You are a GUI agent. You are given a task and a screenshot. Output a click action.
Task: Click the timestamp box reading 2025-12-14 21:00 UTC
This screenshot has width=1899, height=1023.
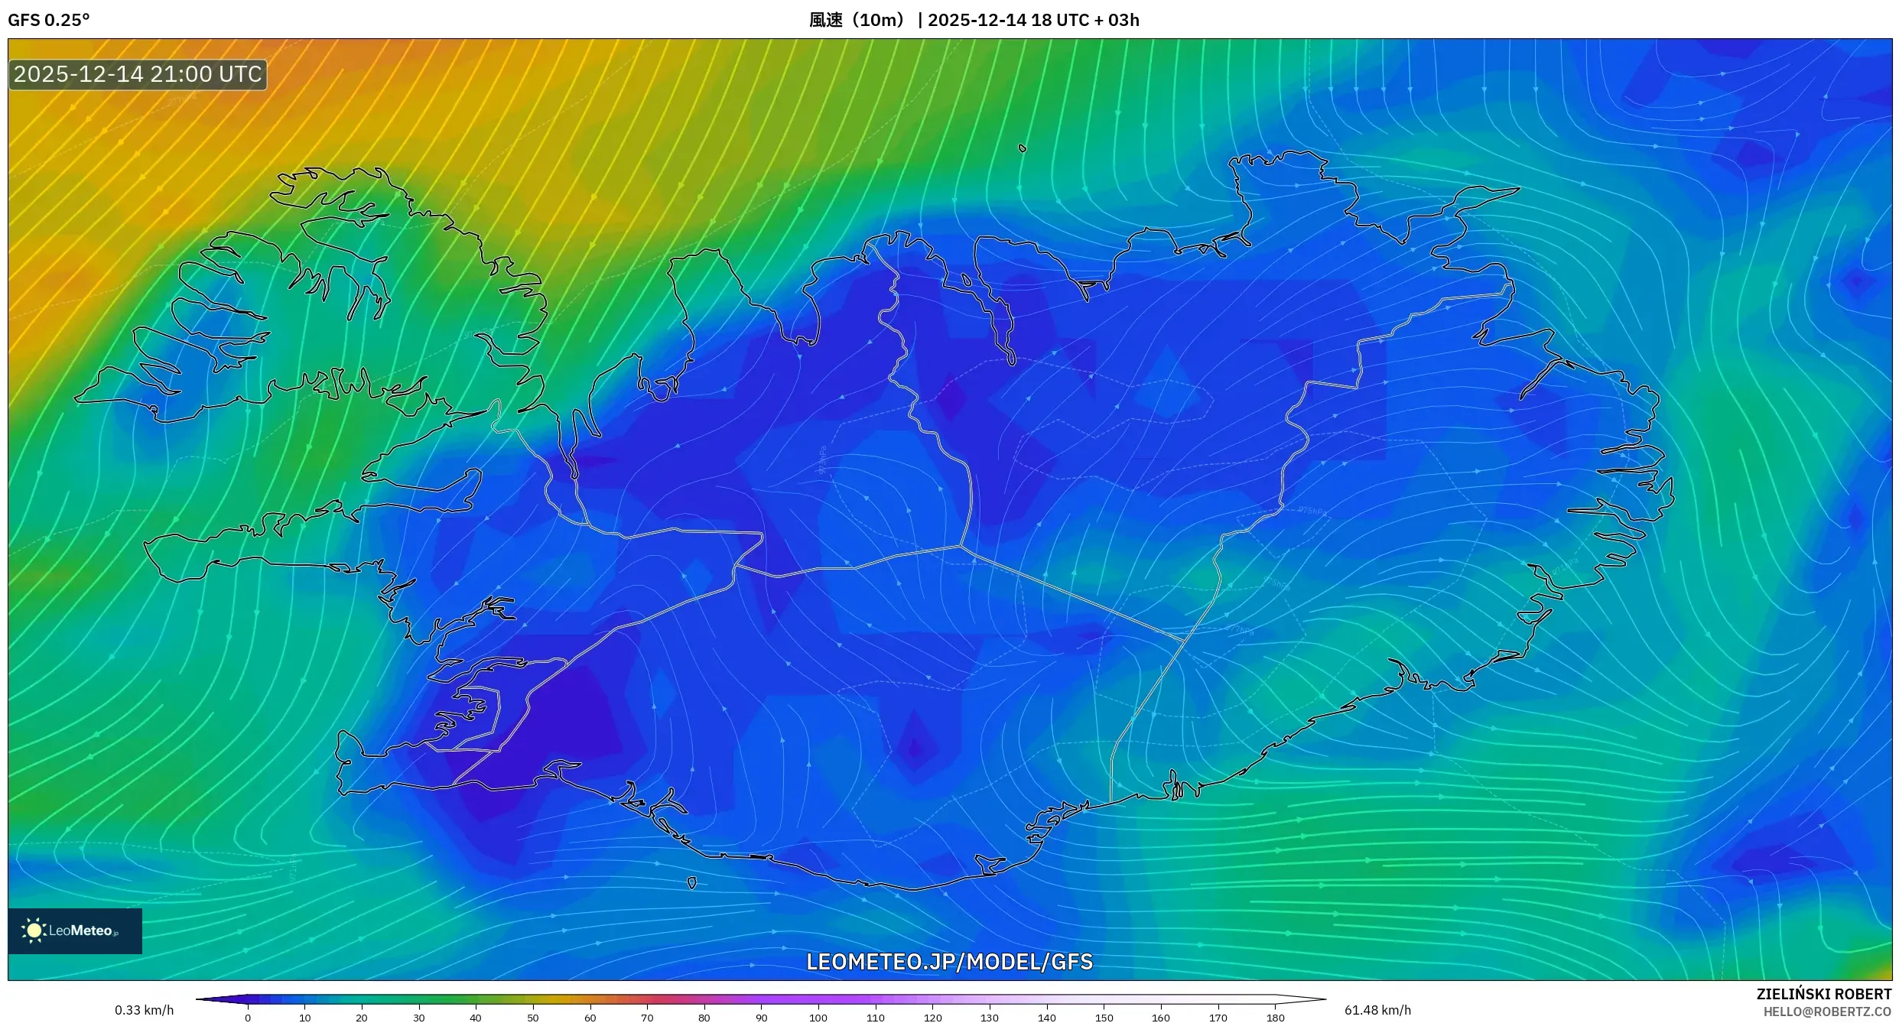pyautogui.click(x=138, y=74)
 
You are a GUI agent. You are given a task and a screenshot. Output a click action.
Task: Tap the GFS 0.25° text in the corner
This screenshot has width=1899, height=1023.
pyautogui.click(x=49, y=20)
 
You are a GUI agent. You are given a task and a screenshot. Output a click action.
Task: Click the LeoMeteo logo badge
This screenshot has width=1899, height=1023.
pyautogui.click(x=75, y=930)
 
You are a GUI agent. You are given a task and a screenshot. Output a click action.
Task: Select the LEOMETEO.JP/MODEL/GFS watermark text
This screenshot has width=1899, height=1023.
pyautogui.click(x=949, y=962)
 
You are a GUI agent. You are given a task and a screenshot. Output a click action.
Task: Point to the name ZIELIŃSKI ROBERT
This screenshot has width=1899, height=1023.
pyautogui.click(x=1823, y=994)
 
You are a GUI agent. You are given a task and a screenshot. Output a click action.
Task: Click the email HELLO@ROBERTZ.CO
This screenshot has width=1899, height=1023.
pyautogui.click(x=1827, y=1012)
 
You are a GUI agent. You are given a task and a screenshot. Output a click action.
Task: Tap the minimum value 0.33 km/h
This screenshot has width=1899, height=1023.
pyautogui.click(x=144, y=1010)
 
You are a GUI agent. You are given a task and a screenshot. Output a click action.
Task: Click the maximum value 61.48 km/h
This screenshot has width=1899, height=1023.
pyautogui.click(x=1377, y=1010)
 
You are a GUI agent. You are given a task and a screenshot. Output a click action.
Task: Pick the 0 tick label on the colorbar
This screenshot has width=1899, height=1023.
pyautogui.click(x=248, y=1018)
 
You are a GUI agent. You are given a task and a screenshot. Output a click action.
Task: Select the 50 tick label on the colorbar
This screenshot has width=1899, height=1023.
pyautogui.click(x=533, y=1018)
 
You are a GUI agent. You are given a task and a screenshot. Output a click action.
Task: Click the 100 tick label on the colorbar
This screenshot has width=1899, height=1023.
pyautogui.click(x=818, y=1018)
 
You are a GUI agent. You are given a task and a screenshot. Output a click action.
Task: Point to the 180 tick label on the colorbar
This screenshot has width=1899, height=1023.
pyautogui.click(x=1275, y=1018)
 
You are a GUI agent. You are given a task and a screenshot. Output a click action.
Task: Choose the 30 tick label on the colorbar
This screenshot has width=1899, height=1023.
pyautogui.click(x=419, y=1018)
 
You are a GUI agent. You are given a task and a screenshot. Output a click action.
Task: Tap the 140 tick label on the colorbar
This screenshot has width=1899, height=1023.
pyautogui.click(x=1047, y=1018)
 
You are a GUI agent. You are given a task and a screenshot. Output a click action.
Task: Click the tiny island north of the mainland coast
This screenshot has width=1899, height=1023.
pyautogui.click(x=1023, y=148)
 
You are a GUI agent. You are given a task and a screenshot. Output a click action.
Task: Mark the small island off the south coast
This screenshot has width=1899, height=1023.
pyautogui.click(x=692, y=883)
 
